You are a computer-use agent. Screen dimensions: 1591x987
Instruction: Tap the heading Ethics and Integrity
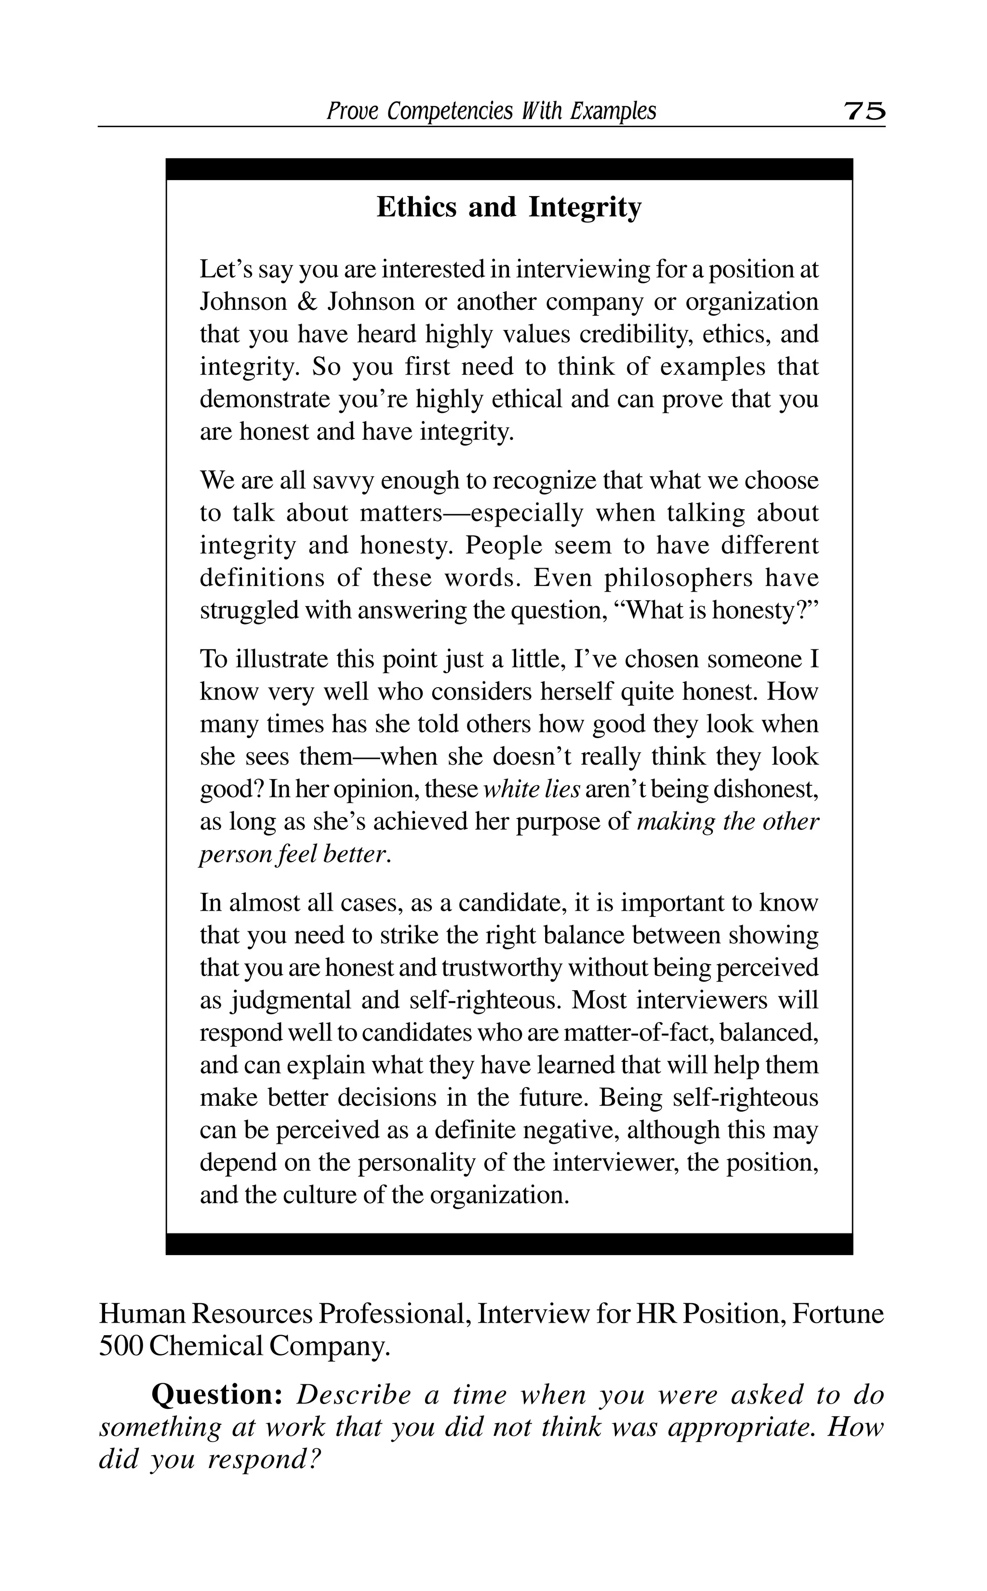point(509,208)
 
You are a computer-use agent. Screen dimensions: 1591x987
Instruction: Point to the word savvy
point(343,481)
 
